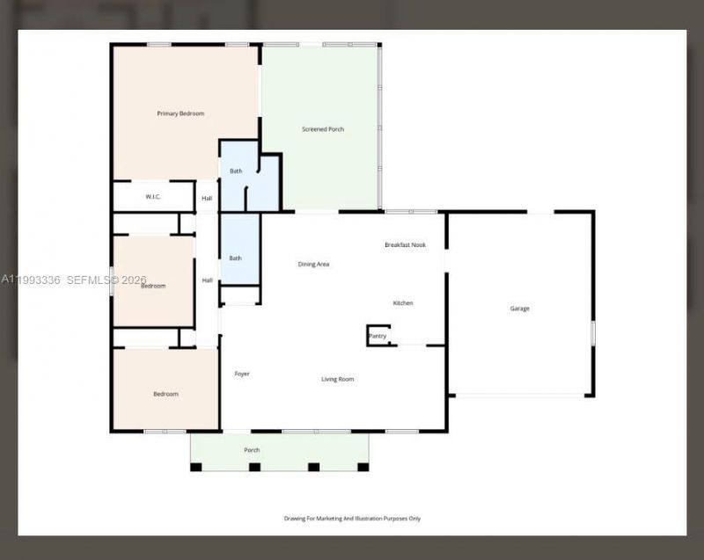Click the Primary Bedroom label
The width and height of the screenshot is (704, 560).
click(x=180, y=113)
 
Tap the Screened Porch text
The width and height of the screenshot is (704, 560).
click(x=323, y=129)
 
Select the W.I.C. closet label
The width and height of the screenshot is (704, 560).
click(x=152, y=197)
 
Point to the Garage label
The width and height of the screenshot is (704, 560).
click(x=520, y=309)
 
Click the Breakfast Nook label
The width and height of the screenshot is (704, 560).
click(x=405, y=244)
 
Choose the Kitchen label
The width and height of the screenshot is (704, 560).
click(x=403, y=303)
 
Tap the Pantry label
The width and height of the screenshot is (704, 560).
click(x=378, y=336)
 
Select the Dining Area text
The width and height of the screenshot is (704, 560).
click(x=313, y=264)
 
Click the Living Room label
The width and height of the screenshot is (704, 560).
click(x=337, y=379)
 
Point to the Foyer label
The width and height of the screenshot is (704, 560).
click(x=242, y=374)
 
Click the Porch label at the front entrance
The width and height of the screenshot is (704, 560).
click(x=252, y=450)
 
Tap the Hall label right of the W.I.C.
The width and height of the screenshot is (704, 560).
click(x=207, y=199)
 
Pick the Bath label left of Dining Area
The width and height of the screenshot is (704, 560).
click(x=236, y=258)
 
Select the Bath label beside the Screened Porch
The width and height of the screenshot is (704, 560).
click(x=236, y=171)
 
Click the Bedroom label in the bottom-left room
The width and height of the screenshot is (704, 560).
click(x=165, y=394)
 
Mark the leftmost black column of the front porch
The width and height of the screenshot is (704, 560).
click(x=196, y=467)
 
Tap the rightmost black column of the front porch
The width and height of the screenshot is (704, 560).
click(x=363, y=467)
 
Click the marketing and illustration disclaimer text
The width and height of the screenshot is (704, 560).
click(x=352, y=519)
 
